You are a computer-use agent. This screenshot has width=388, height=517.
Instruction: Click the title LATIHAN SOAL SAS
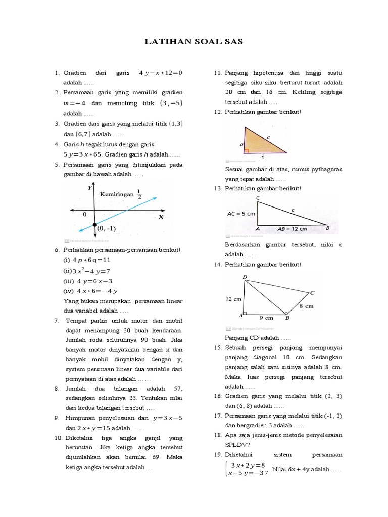tap(194, 42)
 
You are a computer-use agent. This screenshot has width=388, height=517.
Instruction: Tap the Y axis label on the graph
tap(89, 187)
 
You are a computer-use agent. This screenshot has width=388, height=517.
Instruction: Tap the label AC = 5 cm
tap(241, 214)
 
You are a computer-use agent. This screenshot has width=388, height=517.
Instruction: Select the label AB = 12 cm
tap(292, 229)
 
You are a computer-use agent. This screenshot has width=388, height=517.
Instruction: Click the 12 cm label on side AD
tap(234, 299)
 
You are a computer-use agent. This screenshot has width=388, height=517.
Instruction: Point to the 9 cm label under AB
tap(266, 318)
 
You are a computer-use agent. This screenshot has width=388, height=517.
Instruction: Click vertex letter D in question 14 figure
tap(245, 277)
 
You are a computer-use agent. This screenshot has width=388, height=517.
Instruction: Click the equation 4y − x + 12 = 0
tap(160, 73)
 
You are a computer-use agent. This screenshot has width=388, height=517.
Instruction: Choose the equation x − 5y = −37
tap(247, 473)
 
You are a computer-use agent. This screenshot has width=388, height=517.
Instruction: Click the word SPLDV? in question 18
tap(237, 445)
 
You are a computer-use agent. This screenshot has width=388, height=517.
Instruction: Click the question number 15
tap(218, 348)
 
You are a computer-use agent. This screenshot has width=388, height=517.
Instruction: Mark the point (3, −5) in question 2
tap(170, 103)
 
